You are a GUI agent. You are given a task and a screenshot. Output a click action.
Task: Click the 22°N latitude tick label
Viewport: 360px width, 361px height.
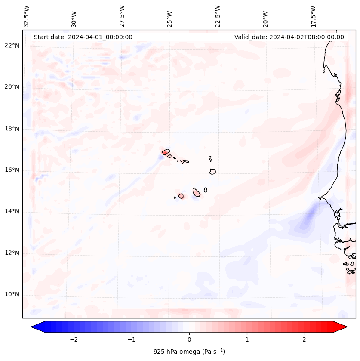click(12, 46)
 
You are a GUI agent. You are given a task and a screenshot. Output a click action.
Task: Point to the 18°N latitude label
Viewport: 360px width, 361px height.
click(12, 129)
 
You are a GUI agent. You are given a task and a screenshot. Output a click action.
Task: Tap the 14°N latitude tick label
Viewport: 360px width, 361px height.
click(12, 212)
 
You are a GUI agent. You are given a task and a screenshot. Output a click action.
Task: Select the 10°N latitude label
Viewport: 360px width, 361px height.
click(12, 295)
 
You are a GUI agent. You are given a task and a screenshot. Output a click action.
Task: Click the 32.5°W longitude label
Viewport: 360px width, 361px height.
click(27, 16)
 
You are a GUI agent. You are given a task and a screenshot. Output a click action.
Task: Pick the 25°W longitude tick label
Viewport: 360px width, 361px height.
click(170, 16)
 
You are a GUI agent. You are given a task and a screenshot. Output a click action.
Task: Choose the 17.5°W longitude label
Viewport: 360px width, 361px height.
click(313, 16)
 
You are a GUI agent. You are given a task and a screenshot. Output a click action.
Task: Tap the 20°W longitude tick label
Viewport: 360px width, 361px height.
click(265, 16)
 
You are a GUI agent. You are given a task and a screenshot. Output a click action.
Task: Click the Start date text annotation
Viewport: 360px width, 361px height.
click(83, 37)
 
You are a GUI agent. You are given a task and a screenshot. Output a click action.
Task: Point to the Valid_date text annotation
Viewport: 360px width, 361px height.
click(289, 37)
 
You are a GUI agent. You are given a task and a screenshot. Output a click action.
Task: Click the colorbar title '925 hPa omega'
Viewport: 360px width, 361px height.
click(189, 352)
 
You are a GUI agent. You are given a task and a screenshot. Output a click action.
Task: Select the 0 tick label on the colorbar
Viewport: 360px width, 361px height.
click(189, 339)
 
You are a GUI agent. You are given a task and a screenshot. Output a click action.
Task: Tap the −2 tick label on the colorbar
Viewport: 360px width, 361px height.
click(74, 339)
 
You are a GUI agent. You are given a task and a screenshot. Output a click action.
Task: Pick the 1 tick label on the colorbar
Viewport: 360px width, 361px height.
click(247, 339)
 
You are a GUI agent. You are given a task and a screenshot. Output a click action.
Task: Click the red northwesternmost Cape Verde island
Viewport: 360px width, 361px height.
click(166, 151)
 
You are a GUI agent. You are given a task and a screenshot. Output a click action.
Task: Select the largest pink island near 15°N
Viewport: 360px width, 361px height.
click(197, 192)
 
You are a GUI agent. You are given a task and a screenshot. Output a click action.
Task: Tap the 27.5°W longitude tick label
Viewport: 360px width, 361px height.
click(122, 16)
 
